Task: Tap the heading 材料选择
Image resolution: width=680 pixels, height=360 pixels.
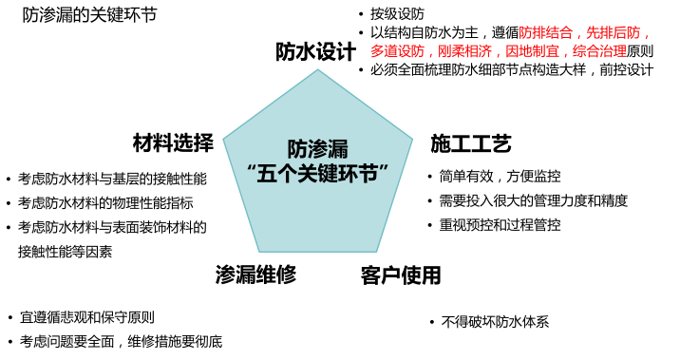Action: pos(173,143)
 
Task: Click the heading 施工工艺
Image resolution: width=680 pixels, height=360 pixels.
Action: pos(471,144)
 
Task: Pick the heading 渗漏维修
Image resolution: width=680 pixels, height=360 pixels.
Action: pos(255,275)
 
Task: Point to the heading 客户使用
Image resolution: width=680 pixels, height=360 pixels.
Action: pos(402,276)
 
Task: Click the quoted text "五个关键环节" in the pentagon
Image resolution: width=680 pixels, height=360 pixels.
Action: pos(318,174)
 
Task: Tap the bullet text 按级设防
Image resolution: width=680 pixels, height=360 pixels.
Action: pos(397,14)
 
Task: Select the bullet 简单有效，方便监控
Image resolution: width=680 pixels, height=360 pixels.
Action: pos(500,177)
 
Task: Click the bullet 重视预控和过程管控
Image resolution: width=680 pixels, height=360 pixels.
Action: pos(500,226)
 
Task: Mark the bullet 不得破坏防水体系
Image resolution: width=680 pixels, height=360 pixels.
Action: pos(495,322)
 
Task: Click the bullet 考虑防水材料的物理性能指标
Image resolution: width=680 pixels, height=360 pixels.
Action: pos(105,202)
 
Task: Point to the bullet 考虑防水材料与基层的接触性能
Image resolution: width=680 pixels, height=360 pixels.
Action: pos(112,179)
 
